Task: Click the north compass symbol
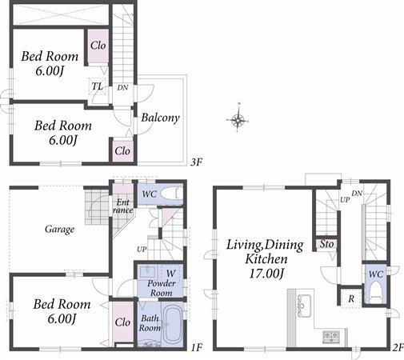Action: tap(238, 121)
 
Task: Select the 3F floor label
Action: tap(196, 162)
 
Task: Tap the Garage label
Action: tap(59, 230)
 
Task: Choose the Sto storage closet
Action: tap(326, 244)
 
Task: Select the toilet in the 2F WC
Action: tap(374, 293)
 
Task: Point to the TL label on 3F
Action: tap(97, 86)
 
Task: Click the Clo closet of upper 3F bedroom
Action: tap(98, 45)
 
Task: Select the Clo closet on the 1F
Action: tap(122, 322)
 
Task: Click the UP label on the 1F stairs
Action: tap(142, 249)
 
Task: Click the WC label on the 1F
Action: tap(150, 194)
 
